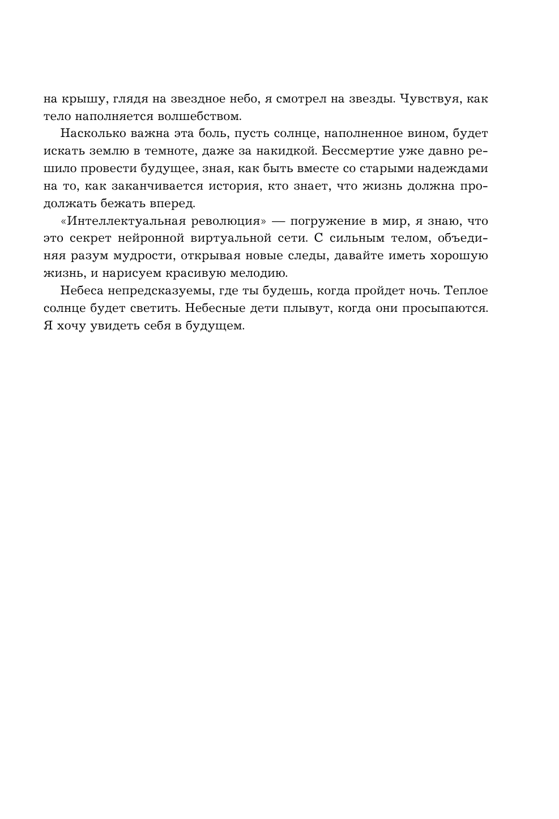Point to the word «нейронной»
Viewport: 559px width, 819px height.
(x=147, y=239)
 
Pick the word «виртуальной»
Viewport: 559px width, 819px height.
(x=229, y=239)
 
